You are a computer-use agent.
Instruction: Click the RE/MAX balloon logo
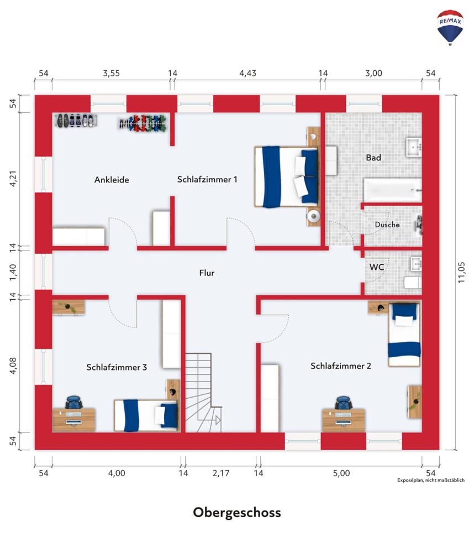pos(450,28)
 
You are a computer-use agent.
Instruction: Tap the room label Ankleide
pos(112,180)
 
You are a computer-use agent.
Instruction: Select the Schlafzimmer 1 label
pos(207,180)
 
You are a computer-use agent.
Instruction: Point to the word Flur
pos(207,273)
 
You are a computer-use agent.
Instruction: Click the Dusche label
pos(387,225)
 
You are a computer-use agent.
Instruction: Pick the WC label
pos(376,267)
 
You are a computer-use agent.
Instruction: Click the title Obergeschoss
pos(237,513)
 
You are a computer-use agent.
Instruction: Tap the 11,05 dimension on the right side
pos(461,272)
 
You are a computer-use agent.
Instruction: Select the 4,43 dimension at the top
pos(247,74)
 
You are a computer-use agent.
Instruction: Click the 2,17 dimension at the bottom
pos(220,473)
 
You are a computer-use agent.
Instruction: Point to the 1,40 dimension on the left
pos(13,272)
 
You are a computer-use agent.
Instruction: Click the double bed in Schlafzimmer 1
pos(287,177)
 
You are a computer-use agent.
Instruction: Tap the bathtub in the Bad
pos(393,190)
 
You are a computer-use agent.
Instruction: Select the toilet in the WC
pos(413,283)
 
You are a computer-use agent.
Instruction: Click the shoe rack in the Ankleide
pos(76,120)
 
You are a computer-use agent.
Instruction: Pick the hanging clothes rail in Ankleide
pos(143,123)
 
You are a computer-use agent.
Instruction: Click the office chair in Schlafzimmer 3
pos(74,403)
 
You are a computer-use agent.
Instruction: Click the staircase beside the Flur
pos(203,393)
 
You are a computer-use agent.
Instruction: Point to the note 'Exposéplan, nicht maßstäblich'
pos(431,481)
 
